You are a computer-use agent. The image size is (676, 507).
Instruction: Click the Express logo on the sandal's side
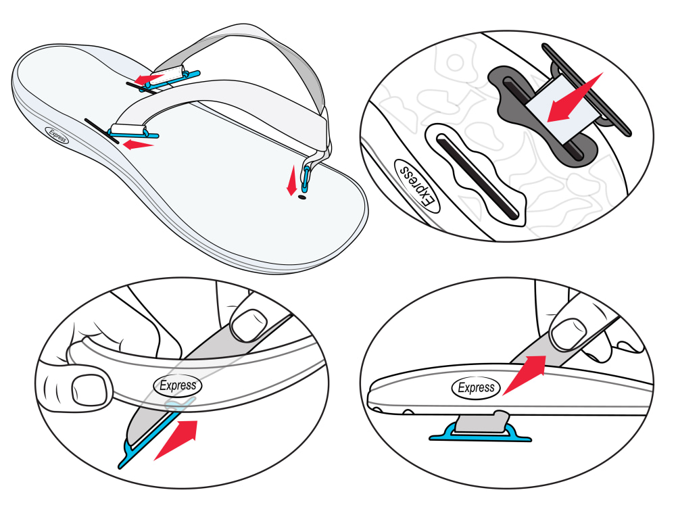tap(57, 135)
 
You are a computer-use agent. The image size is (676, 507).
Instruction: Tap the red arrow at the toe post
tap(292, 180)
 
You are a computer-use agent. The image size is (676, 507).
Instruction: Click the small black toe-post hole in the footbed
tap(301, 197)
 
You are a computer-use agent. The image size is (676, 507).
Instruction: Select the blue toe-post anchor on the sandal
tap(306, 178)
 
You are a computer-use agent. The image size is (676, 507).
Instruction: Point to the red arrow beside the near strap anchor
tap(138, 145)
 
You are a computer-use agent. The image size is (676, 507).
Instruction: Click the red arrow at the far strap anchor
tap(147, 78)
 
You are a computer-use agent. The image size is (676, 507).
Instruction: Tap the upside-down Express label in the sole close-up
tap(416, 187)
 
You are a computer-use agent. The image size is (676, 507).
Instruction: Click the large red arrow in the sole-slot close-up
tap(575, 98)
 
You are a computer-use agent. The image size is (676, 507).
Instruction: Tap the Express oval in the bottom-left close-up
tap(178, 385)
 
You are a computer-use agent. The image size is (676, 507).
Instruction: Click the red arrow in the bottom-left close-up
tap(176, 440)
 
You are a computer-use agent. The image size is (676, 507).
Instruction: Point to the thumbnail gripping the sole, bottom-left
tap(89, 391)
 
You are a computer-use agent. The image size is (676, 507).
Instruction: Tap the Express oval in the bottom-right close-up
tap(476, 387)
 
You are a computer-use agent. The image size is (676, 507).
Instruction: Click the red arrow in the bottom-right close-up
tap(525, 375)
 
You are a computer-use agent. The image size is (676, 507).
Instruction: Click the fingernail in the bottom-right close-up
tap(569, 334)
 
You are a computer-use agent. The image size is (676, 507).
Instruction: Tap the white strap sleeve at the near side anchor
tap(128, 129)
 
